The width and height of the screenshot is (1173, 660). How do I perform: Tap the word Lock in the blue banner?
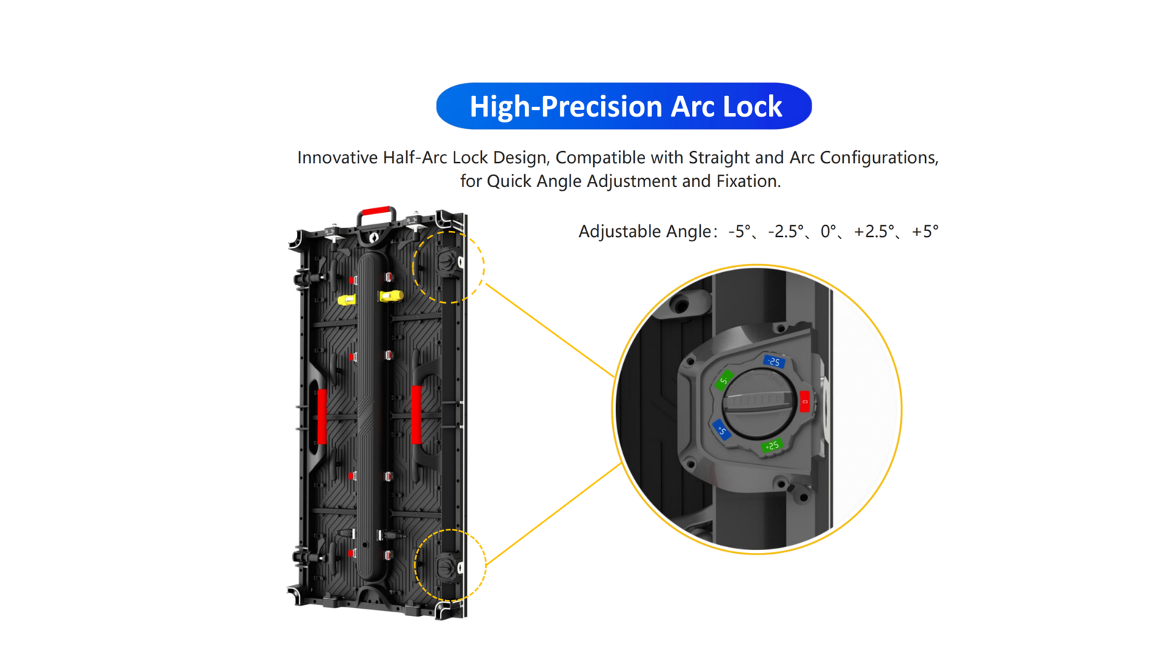point(752,107)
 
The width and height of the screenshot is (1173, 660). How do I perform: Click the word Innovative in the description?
point(337,157)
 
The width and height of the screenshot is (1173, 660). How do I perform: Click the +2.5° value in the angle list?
point(874,231)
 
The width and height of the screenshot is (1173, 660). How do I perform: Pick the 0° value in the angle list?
point(828,231)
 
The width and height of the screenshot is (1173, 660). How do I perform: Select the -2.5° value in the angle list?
point(785,231)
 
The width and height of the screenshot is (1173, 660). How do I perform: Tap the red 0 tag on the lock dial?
point(805,402)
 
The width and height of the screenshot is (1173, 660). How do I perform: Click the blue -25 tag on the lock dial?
point(774,362)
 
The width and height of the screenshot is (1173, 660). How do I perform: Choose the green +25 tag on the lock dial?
point(772,446)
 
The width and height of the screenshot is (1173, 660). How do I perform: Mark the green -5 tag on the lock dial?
point(724,381)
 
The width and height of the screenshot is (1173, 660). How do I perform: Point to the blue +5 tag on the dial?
point(721,430)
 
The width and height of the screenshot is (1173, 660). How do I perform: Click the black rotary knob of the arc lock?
point(760,403)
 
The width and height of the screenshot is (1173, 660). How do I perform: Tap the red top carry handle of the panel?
point(377,210)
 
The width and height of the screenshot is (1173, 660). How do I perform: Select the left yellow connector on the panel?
point(346,300)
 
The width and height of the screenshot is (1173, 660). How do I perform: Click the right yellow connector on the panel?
point(391,296)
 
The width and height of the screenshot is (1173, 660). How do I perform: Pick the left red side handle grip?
point(322,417)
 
